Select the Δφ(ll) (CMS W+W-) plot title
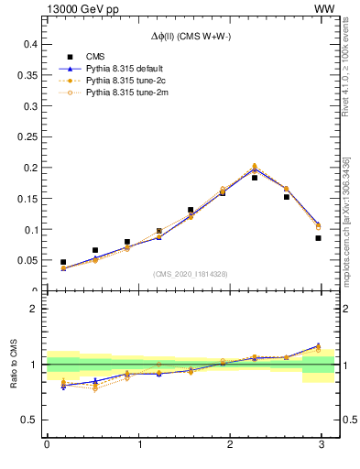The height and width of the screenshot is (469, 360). coord(191,36)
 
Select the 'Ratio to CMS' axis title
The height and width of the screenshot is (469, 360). coord(14,365)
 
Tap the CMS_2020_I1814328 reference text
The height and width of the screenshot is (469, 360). coord(191,274)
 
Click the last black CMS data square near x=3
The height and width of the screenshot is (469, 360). coord(318,238)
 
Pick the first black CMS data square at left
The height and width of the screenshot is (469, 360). coord(63,262)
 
